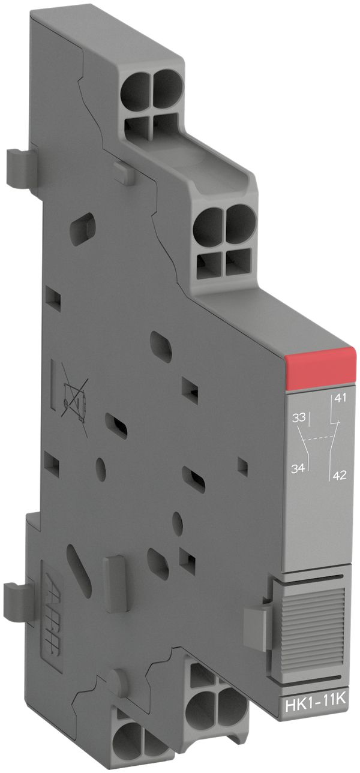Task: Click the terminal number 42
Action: coord(340,477)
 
